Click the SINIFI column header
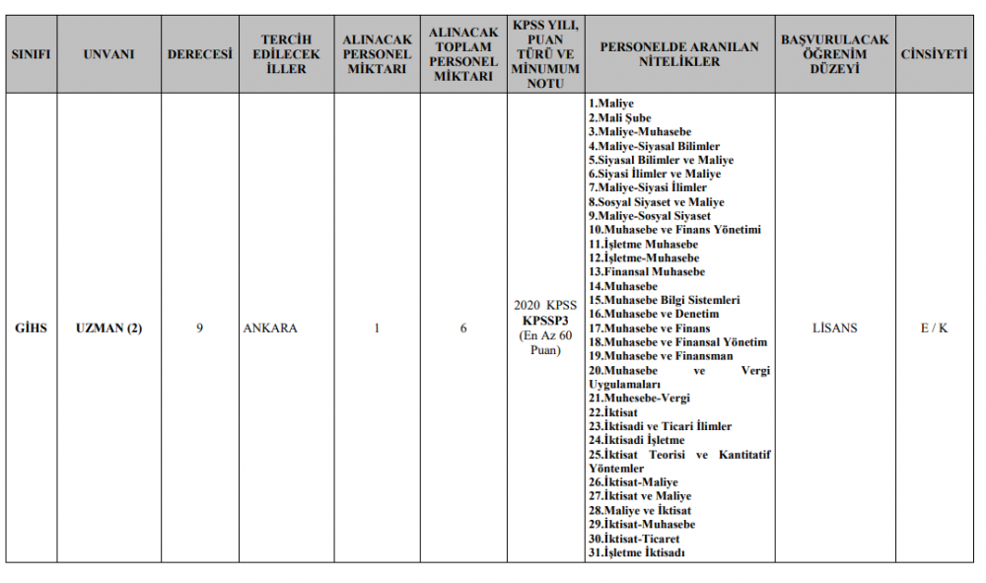tap(31, 54)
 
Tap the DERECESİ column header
tap(199, 54)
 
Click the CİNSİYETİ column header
tap(934, 54)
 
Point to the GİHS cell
tap(31, 328)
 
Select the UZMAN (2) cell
tap(108, 328)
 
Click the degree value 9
tap(199, 328)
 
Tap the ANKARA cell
tap(270, 328)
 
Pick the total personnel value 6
tap(463, 328)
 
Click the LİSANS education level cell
tap(834, 328)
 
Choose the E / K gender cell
tap(934, 328)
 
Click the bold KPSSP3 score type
tap(546, 321)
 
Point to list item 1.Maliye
tap(611, 104)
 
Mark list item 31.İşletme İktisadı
tap(637, 553)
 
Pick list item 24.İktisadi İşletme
tap(637, 440)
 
